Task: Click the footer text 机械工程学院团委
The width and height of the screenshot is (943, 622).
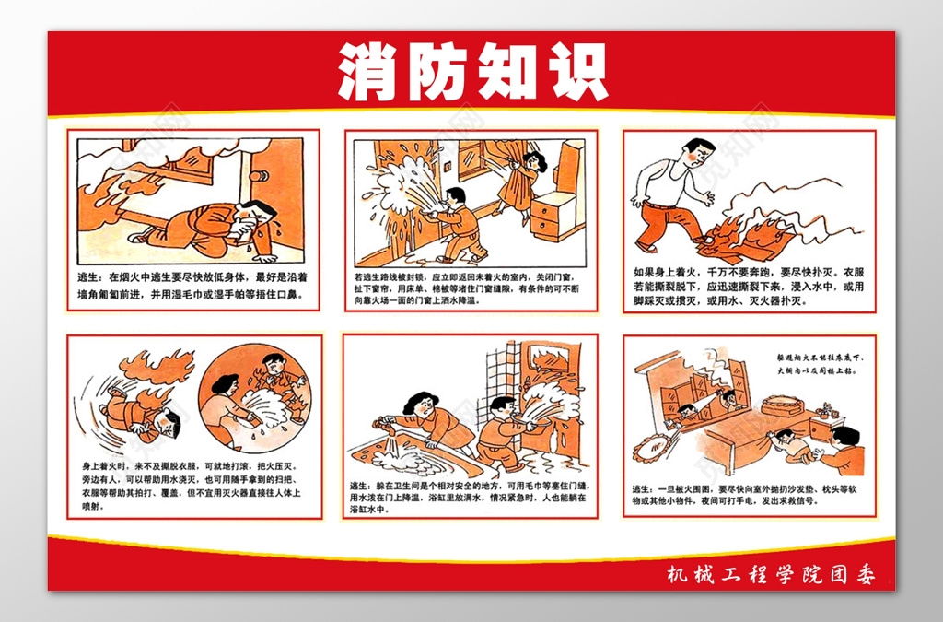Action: pos(770,575)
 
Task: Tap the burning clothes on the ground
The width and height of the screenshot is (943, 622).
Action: pos(737,240)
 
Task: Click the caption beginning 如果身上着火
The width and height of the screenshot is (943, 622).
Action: pos(748,287)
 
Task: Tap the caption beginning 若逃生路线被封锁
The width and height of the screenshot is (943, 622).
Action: pos(471,287)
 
